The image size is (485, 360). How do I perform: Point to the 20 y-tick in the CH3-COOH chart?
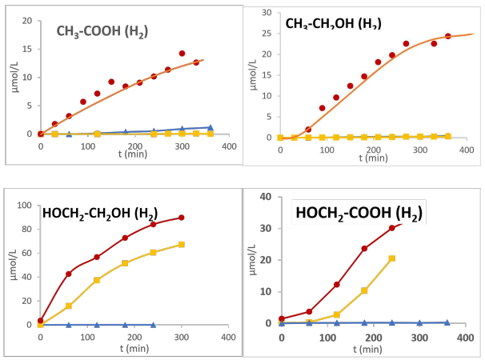coord(30,21)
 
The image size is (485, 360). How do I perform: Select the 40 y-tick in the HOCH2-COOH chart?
coord(268,196)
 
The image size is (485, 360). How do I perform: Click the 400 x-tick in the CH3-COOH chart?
coord(229,147)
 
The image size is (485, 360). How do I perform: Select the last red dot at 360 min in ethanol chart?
coord(448,36)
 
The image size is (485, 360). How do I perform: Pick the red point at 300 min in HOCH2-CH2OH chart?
coord(181,218)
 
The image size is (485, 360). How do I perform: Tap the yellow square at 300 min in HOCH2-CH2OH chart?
coord(181,245)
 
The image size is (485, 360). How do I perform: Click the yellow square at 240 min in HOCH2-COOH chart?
coord(391,258)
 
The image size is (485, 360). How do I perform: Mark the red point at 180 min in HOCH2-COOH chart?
coord(364,248)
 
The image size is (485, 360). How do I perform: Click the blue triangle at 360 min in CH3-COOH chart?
coord(210,127)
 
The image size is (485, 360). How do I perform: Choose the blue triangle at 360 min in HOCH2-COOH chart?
coord(447,322)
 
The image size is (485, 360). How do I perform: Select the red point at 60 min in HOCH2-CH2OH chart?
coord(69,274)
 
